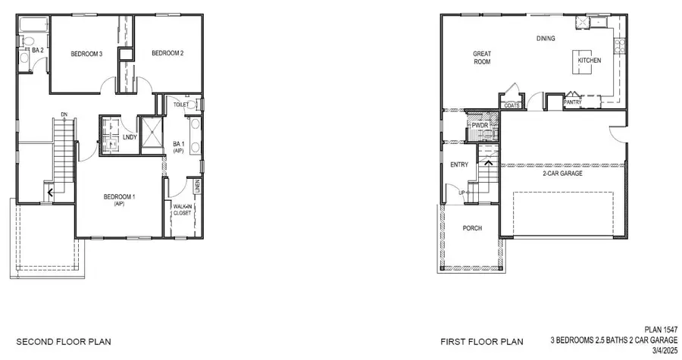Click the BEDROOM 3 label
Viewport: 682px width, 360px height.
[x=86, y=54]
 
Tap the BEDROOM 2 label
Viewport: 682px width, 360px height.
[x=167, y=53]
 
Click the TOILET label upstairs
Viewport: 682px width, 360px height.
[x=180, y=105]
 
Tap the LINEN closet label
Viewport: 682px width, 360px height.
[x=198, y=184]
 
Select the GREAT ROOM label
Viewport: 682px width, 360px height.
[x=482, y=58]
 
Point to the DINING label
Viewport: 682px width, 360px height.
[x=546, y=38]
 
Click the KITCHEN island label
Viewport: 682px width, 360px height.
[x=590, y=60]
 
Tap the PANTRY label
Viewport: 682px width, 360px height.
[x=573, y=102]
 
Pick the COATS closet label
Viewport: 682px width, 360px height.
[x=512, y=105]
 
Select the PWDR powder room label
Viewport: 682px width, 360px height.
[x=479, y=125]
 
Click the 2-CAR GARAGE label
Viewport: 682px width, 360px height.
[x=562, y=173]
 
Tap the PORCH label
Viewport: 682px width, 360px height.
[x=472, y=228]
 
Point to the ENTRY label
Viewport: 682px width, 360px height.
[x=459, y=164]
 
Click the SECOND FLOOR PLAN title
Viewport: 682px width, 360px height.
[x=64, y=342]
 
